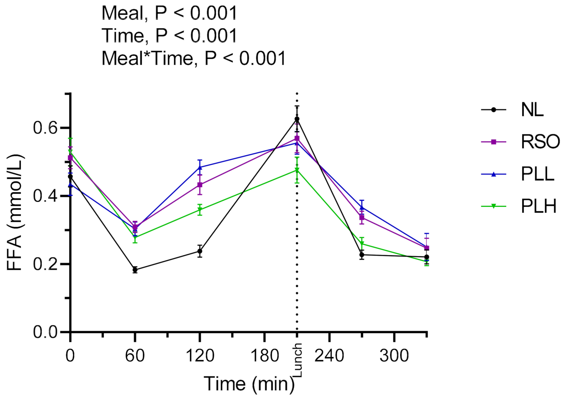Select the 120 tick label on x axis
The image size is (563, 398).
[200, 356]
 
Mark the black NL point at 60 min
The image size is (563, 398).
[135, 270]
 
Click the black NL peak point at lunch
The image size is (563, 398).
[297, 119]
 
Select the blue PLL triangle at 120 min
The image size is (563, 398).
[200, 167]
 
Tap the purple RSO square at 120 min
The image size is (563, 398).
[200, 185]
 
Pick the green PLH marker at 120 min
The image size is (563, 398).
[200, 210]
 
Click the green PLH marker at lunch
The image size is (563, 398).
[297, 170]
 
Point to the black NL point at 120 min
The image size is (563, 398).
[200, 251]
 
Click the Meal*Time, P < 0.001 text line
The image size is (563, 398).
[194, 58]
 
